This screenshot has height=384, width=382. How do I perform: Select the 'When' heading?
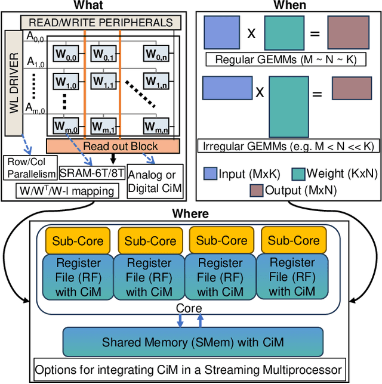point(289,5)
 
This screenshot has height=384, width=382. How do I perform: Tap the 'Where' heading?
point(190,213)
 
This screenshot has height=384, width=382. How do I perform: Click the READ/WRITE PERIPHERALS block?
point(101,23)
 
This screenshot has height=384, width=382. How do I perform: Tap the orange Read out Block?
point(112,146)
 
